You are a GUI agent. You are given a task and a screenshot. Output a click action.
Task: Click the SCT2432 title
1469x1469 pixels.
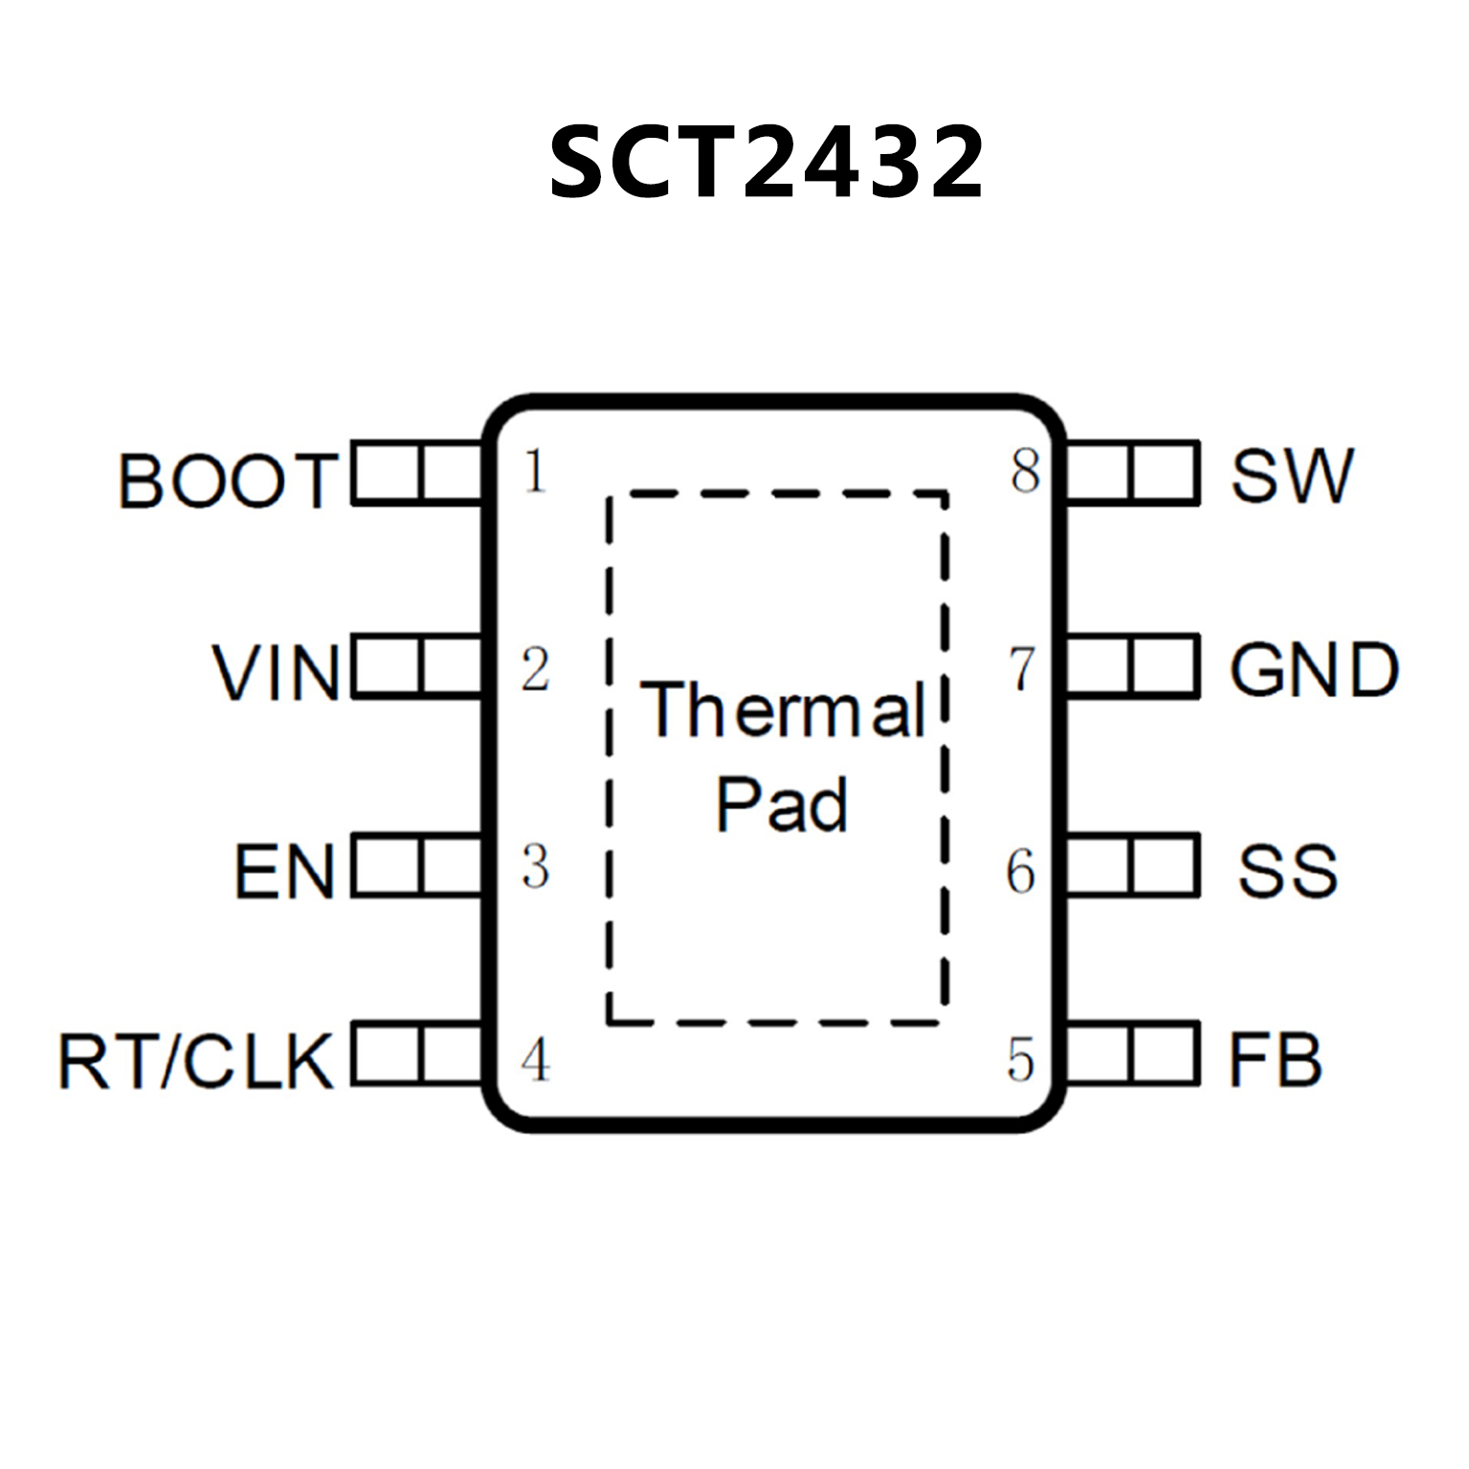click(766, 162)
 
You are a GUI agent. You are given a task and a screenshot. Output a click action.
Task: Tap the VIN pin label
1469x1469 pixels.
click(276, 673)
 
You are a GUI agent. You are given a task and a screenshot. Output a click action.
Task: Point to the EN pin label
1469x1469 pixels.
click(284, 871)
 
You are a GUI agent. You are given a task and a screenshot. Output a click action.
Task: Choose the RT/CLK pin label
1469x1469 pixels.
click(196, 1061)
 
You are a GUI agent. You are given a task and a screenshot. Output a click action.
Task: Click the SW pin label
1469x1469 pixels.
click(1292, 476)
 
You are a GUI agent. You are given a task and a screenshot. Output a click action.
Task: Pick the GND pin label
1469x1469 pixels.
click(1314, 670)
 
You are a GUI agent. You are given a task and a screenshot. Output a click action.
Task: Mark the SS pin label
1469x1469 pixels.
click(1287, 871)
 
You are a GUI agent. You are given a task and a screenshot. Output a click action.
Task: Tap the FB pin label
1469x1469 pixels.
click(1275, 1060)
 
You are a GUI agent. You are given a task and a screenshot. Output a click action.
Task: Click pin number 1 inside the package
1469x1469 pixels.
click(535, 471)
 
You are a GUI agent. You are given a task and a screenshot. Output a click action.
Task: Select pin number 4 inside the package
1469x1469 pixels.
click(536, 1060)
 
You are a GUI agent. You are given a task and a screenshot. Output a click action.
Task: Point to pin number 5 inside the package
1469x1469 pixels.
click(1021, 1060)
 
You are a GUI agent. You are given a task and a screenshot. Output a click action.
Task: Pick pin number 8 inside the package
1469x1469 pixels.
click(1025, 471)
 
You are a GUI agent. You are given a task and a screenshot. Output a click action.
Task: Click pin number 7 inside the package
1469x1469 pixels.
click(1023, 668)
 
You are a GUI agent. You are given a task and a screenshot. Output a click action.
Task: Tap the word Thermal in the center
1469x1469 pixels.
click(783, 710)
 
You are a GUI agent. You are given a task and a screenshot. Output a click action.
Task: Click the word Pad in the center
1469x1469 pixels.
click(782, 805)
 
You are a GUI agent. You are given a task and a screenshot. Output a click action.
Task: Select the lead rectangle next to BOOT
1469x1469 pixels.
click(417, 472)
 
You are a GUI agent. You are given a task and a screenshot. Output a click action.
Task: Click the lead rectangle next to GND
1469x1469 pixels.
click(1131, 665)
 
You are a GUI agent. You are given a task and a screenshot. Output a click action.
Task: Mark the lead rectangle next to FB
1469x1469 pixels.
click(1131, 1054)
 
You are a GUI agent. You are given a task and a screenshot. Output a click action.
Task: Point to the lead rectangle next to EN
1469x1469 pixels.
click(417, 866)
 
